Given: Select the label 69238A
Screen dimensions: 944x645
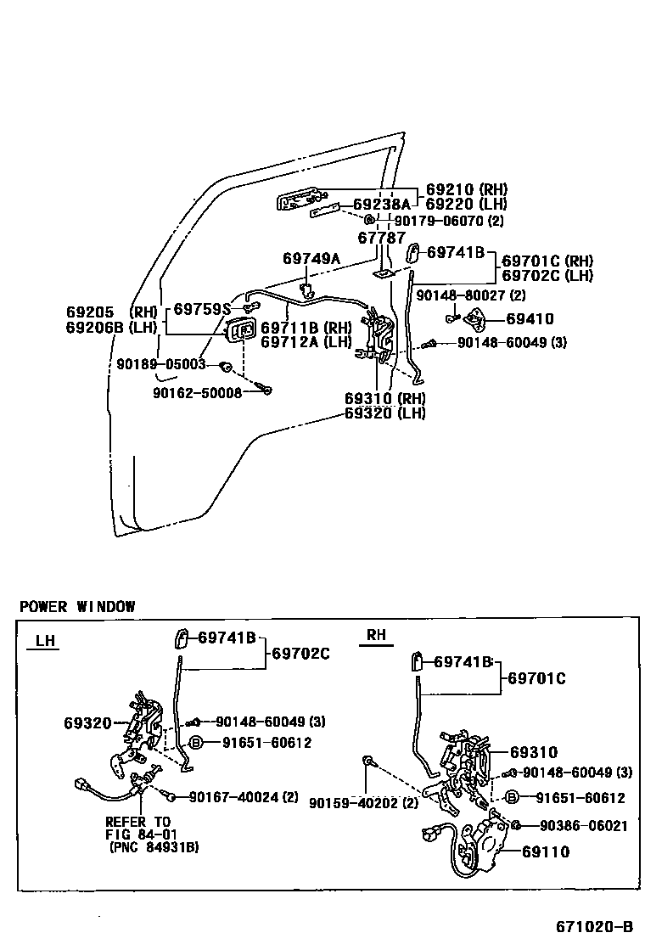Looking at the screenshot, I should tap(382, 205).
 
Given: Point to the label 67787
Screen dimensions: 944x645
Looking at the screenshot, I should tap(381, 239).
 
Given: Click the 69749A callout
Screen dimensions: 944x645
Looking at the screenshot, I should tap(311, 258).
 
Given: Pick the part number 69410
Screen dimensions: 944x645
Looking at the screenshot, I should tap(530, 319).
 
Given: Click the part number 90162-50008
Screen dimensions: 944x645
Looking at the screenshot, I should tap(198, 392).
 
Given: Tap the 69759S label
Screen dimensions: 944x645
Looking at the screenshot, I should tap(202, 309).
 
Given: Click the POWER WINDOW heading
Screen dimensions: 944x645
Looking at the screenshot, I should tap(77, 606).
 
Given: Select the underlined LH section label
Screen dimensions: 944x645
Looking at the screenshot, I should tap(46, 641).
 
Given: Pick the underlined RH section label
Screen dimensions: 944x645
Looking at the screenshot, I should tap(376, 635).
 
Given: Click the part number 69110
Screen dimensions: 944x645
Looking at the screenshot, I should tap(546, 851).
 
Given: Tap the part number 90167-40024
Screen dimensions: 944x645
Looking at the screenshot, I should tap(244, 796).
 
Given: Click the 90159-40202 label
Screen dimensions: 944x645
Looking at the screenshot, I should tap(364, 803).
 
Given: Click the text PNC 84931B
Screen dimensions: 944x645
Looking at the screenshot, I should tap(153, 846).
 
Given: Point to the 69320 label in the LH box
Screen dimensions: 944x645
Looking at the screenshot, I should tap(87, 723).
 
